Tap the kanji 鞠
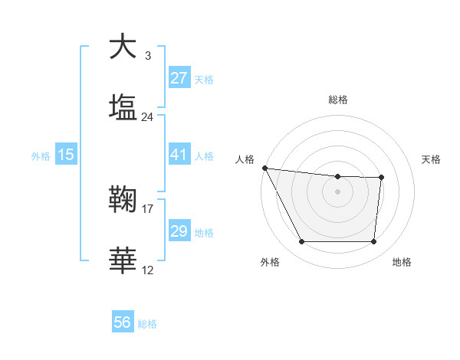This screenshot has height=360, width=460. [122, 201]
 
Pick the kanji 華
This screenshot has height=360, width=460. [122, 260]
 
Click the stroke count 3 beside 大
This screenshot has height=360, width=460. [148, 56]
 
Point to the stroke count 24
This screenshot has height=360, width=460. [148, 117]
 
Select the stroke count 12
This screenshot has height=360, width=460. [148, 270]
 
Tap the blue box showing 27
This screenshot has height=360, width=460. [179, 78]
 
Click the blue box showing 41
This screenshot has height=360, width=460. [179, 155]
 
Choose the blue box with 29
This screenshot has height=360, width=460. [179, 231]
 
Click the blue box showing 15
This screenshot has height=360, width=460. [66, 155]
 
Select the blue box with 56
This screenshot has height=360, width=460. [122, 322]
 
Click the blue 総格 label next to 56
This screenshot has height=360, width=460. [147, 324]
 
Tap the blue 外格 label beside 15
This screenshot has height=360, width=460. [41, 156]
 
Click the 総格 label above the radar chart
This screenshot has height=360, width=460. [337, 100]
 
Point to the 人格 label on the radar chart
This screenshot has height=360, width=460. [245, 159]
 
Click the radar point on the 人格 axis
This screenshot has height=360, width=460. [264, 168]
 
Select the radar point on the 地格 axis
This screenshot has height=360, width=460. [373, 242]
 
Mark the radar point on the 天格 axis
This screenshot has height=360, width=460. [381, 178]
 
